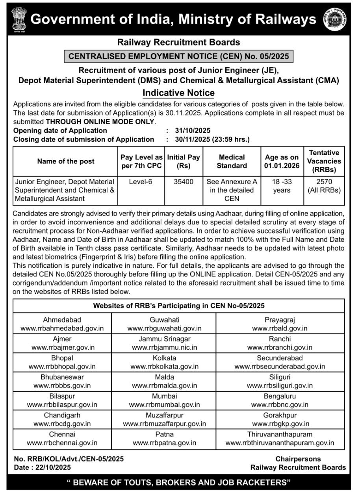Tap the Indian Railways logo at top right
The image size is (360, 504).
(335, 20)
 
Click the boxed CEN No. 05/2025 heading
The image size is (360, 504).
(178, 56)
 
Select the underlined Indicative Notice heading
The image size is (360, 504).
(178, 93)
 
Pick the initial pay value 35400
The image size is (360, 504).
(184, 182)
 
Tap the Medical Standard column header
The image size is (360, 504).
(232, 161)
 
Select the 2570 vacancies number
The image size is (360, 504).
(324, 182)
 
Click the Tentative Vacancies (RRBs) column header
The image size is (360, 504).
(324, 161)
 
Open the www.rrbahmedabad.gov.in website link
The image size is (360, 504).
(62, 328)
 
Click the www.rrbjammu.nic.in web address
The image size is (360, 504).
(164, 347)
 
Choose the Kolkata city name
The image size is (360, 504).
(164, 358)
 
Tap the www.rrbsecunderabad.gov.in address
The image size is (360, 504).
(280, 366)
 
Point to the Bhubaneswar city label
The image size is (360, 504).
(62, 377)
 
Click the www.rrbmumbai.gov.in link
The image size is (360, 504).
(164, 404)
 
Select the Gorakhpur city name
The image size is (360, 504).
(280, 415)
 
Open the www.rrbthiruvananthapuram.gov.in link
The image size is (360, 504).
(280, 443)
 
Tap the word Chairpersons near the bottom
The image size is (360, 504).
(298, 459)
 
